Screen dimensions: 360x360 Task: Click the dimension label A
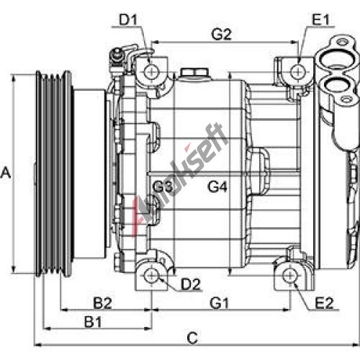click(6, 173)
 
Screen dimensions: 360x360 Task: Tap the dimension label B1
click(93, 322)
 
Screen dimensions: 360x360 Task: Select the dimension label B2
click(102, 303)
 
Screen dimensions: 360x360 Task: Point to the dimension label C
click(192, 338)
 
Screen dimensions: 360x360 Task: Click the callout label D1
click(128, 19)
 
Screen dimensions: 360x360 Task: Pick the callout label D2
click(191, 284)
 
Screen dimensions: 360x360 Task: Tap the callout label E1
click(320, 19)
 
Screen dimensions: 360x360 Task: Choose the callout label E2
click(324, 303)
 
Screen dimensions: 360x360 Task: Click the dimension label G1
click(220, 303)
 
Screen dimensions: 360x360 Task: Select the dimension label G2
click(221, 35)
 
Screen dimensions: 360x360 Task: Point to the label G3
click(163, 186)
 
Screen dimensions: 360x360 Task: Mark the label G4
click(217, 186)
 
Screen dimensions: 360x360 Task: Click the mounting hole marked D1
click(152, 72)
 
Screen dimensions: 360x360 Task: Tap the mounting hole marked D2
click(152, 276)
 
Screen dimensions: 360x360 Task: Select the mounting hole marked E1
click(298, 71)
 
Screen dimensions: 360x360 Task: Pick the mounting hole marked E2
click(290, 276)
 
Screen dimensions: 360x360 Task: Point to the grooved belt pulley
click(54, 174)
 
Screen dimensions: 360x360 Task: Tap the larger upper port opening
click(334, 58)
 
